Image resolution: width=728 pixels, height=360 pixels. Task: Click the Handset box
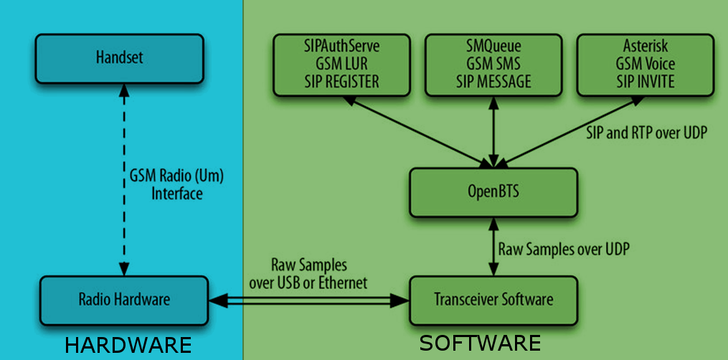point(119,57)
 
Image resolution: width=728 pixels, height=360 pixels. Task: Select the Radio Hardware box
point(124,298)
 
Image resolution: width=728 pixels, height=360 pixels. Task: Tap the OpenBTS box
point(493,193)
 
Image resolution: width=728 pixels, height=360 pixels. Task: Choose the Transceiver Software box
point(493,298)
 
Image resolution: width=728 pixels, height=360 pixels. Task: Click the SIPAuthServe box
point(341,64)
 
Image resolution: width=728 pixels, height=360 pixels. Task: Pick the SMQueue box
point(493,64)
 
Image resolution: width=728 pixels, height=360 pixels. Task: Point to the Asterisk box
point(646,64)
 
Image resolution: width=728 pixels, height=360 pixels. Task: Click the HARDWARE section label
point(128,345)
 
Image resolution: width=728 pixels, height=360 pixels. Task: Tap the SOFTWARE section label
point(480,343)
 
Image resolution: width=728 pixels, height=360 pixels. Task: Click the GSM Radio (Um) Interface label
point(176,184)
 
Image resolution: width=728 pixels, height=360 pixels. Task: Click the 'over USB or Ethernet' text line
point(308,283)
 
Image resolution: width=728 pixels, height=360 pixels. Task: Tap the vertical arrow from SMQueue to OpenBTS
point(493,132)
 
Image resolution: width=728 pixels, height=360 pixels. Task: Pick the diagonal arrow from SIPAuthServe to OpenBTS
point(416,129)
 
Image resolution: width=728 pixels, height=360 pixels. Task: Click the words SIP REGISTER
point(341,81)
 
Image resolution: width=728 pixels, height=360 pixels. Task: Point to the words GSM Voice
point(646,64)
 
